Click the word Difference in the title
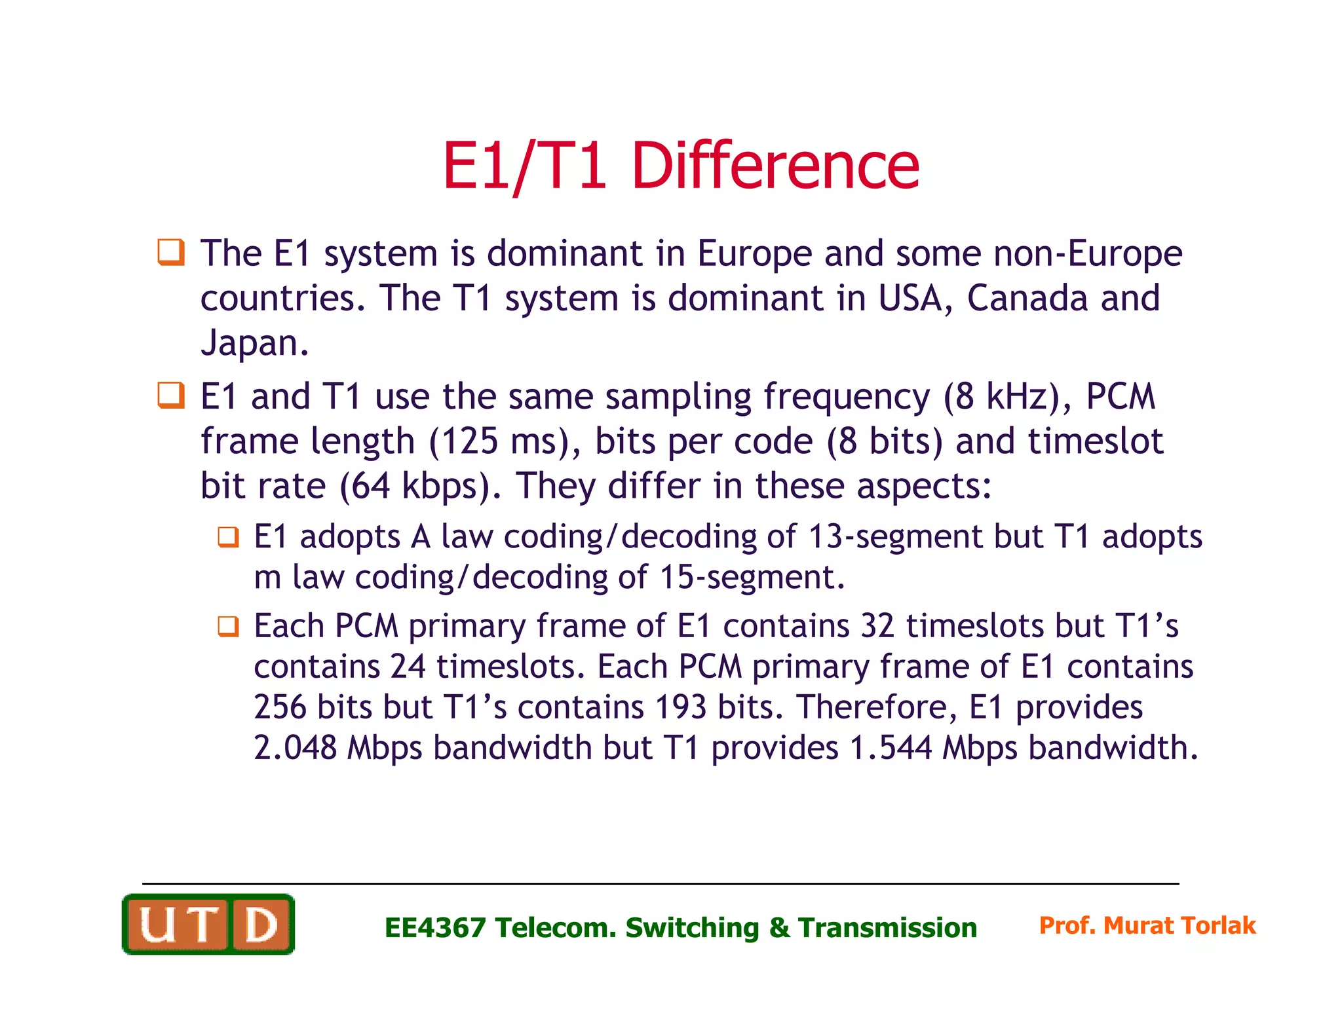(775, 166)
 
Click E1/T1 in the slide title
(524, 166)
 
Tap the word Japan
(254, 342)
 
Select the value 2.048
(295, 748)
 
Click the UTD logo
(208, 924)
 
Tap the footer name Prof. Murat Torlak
(1147, 925)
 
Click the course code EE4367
(435, 928)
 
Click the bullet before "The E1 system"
(171, 252)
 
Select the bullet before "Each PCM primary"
(228, 626)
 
